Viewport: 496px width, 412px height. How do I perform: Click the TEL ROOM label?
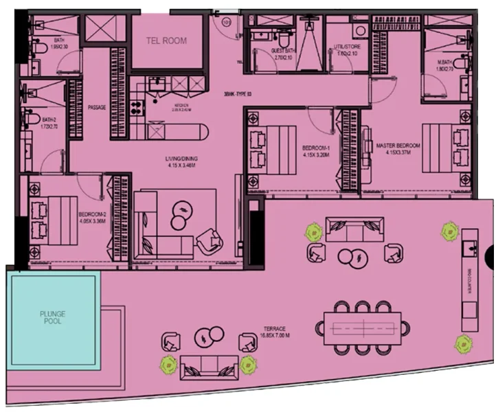(167, 41)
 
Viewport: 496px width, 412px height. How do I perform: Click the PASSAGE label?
(97, 107)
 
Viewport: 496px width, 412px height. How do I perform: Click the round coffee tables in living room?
(181, 215)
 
